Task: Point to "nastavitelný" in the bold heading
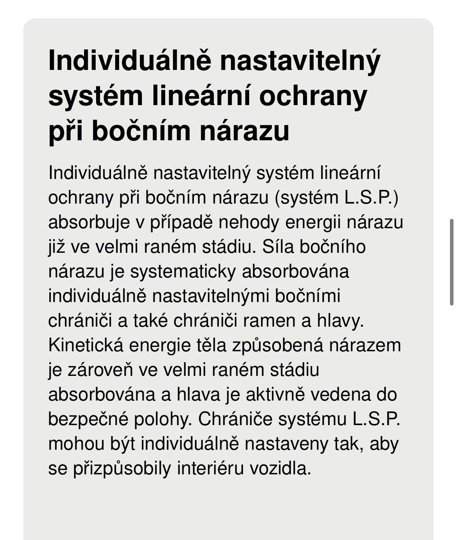click(x=300, y=61)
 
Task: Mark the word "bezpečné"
click(x=88, y=419)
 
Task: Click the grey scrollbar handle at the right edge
click(x=452, y=262)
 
